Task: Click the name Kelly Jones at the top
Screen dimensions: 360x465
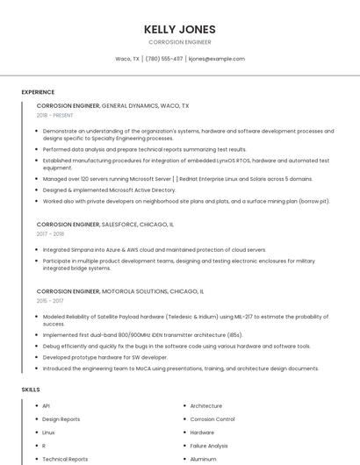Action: [179, 29]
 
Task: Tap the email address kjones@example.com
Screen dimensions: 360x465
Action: [217, 59]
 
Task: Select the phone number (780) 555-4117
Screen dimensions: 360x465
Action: [164, 59]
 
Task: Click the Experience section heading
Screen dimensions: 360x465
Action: [38, 92]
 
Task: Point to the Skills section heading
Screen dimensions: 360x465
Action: [31, 389]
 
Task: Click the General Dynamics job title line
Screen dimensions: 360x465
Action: [112, 105]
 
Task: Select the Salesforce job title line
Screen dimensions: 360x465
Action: [104, 225]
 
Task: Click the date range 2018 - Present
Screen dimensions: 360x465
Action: [54, 115]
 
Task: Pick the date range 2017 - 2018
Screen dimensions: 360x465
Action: [50, 234]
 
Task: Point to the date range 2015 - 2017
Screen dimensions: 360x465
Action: [50, 301]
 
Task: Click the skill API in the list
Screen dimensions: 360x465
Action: [46, 406]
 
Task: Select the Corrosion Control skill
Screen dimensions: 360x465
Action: [212, 419]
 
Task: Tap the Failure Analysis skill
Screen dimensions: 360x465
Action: [209, 446]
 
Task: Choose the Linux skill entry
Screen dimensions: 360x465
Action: [48, 433]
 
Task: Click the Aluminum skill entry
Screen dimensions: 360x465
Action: [203, 459]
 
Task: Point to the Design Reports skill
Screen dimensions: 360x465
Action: [61, 419]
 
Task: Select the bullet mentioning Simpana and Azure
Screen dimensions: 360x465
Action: [154, 249]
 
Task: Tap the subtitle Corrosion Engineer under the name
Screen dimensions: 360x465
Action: [179, 42]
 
